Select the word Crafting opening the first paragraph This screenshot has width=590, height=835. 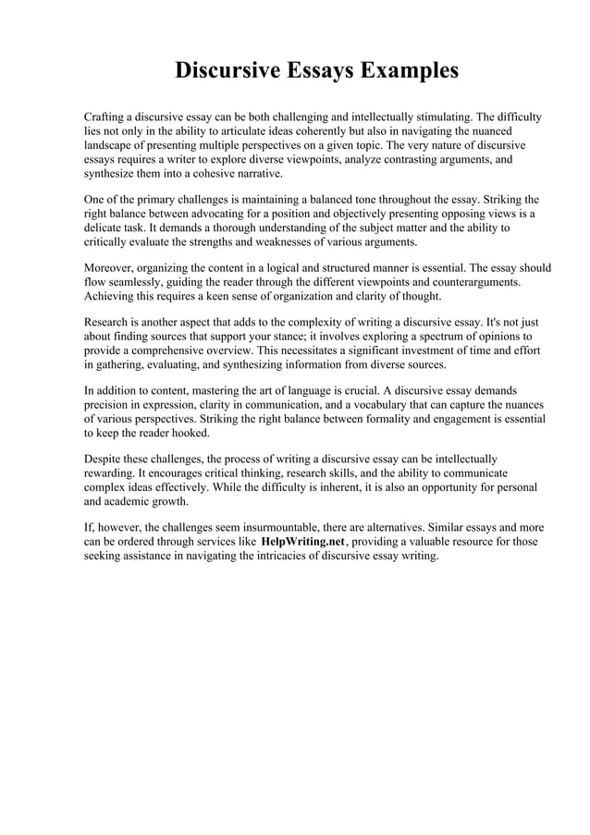108,118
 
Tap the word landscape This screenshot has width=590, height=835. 111,146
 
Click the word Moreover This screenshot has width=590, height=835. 111,268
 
